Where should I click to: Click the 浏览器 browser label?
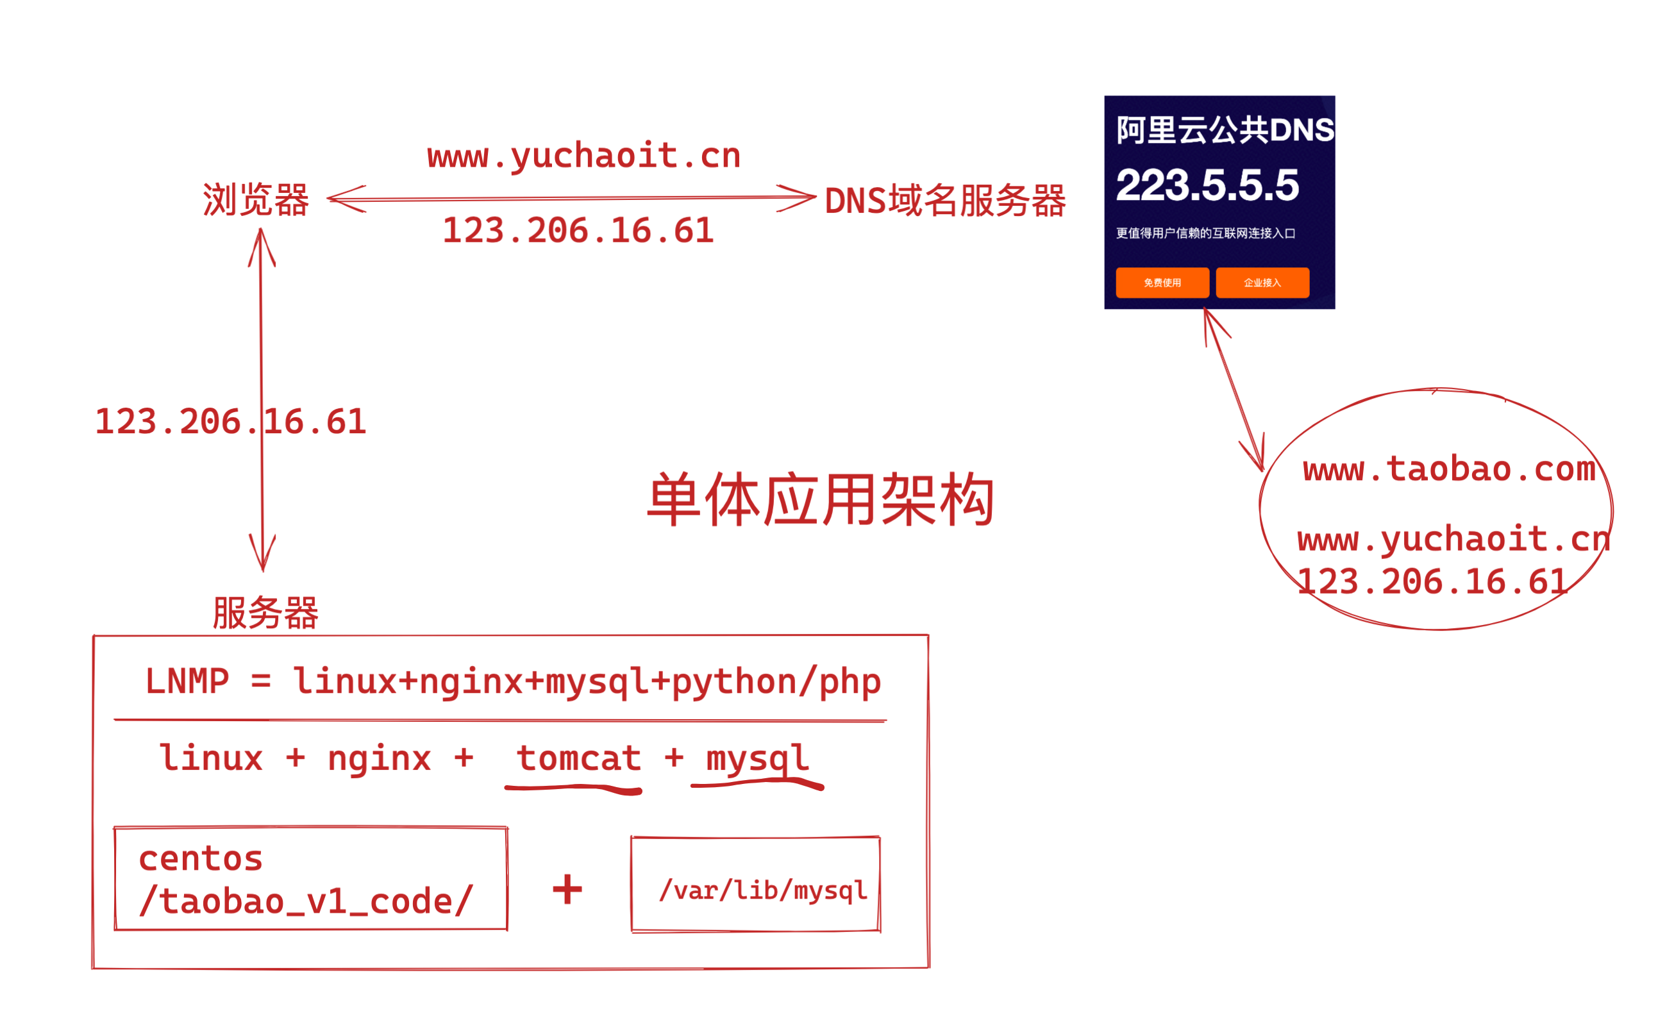point(256,200)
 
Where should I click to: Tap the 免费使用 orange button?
point(1162,283)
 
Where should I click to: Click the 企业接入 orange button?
point(1262,283)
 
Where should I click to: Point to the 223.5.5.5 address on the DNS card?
point(1207,185)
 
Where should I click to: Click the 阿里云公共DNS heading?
point(1225,129)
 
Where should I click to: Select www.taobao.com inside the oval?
point(1448,470)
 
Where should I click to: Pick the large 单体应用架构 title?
point(821,499)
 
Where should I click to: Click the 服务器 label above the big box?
point(265,612)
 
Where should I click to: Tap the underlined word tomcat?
point(578,758)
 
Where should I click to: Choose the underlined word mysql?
point(757,758)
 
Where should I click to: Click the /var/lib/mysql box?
point(756,884)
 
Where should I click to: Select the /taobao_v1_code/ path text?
point(305,902)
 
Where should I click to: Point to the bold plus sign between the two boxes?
point(567,889)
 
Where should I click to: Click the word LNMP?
point(187,681)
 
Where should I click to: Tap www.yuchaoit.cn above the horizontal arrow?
point(583,156)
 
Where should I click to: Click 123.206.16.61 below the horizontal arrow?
point(578,231)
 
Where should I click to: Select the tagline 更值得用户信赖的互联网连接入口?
point(1205,233)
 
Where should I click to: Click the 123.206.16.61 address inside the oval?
point(1432,582)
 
